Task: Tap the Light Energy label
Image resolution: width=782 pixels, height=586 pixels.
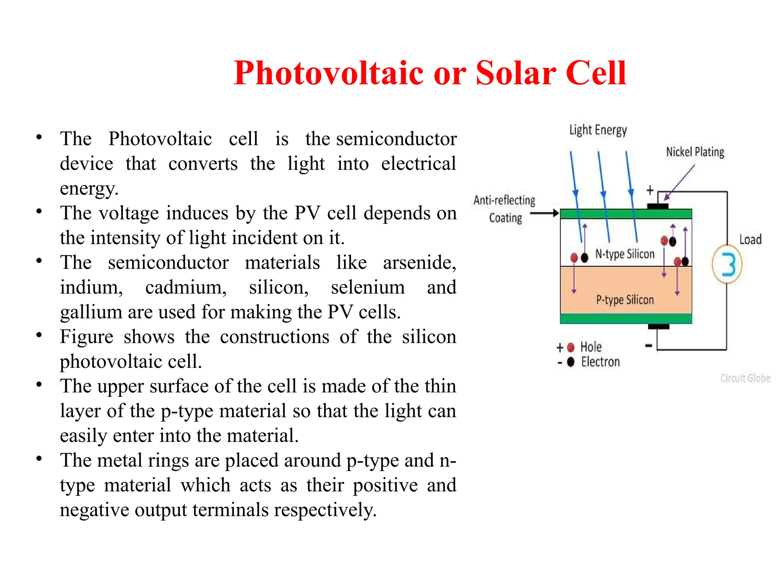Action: (x=598, y=130)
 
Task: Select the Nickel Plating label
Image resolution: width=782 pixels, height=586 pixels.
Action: (x=695, y=152)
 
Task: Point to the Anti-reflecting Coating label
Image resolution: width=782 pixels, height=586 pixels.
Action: (x=504, y=209)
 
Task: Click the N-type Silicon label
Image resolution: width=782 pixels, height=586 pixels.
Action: (x=625, y=254)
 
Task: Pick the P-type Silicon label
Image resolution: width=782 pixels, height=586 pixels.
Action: (x=625, y=300)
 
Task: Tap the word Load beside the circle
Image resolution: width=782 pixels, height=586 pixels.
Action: (x=750, y=240)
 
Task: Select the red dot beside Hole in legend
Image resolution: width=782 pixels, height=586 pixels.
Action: (x=571, y=348)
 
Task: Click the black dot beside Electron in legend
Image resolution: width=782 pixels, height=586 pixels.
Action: (x=571, y=362)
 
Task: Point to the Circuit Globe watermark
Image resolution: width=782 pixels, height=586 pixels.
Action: (x=745, y=378)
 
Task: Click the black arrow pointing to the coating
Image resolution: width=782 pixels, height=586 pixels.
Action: (x=544, y=213)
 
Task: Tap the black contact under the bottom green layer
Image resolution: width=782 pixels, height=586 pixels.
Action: (x=659, y=326)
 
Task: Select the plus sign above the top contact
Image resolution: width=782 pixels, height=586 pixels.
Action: (x=650, y=190)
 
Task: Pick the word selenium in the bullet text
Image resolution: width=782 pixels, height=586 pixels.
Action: (x=367, y=288)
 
